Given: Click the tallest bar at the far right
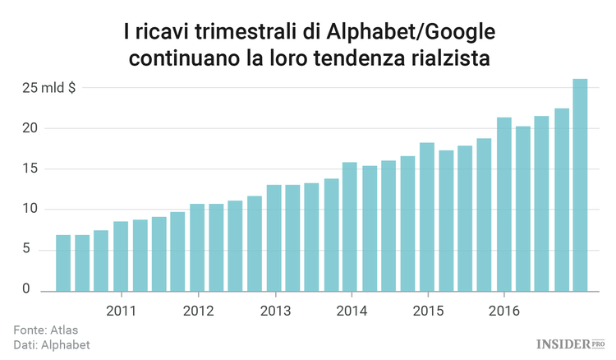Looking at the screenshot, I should (580, 185).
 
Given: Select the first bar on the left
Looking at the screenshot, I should (63, 263).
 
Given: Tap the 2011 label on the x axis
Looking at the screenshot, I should (121, 312).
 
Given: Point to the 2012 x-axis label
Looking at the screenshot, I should (198, 312).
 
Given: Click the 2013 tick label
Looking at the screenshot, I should (274, 312).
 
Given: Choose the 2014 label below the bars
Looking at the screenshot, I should (352, 312).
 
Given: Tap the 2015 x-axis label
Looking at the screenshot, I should (428, 312).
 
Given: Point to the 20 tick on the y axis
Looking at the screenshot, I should (31, 128).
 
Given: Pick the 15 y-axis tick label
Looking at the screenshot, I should (31, 169).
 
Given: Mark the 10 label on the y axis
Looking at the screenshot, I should (31, 210).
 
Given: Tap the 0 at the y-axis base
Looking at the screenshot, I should (26, 289).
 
